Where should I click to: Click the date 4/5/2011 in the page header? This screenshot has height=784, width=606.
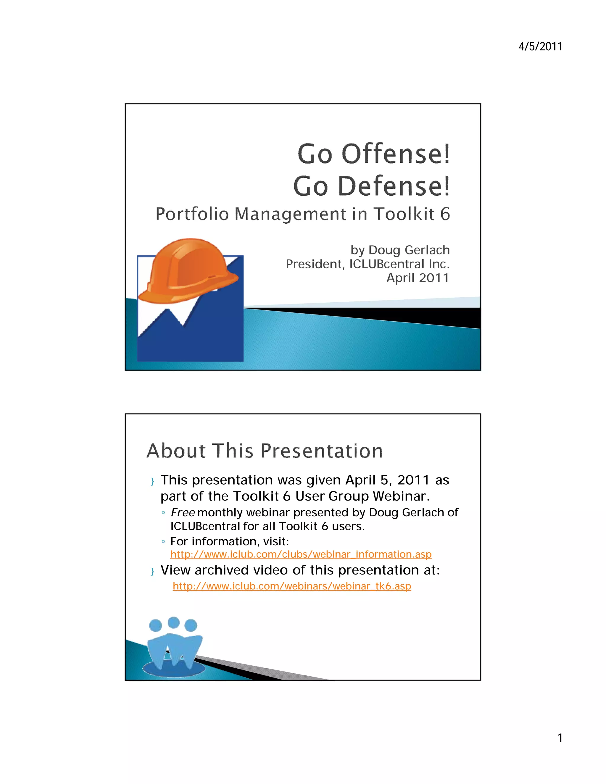coord(540,47)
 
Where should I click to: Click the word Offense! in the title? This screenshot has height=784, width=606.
coord(395,154)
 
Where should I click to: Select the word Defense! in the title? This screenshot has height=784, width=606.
coord(394,186)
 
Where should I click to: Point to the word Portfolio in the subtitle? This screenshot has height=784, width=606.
coord(192,214)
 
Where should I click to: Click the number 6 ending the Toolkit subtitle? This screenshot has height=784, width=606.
coord(445,214)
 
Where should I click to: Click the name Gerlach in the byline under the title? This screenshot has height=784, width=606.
coord(427,250)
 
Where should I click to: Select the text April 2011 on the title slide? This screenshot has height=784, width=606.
coord(418,278)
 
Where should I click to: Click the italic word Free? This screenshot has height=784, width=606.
coord(182,513)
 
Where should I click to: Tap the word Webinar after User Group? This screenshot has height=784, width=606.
coord(401,496)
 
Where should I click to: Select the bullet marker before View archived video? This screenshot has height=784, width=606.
coord(152,571)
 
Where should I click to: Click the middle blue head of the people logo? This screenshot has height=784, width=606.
coord(173,623)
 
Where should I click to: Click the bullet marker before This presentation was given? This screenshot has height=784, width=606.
coord(152,481)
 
